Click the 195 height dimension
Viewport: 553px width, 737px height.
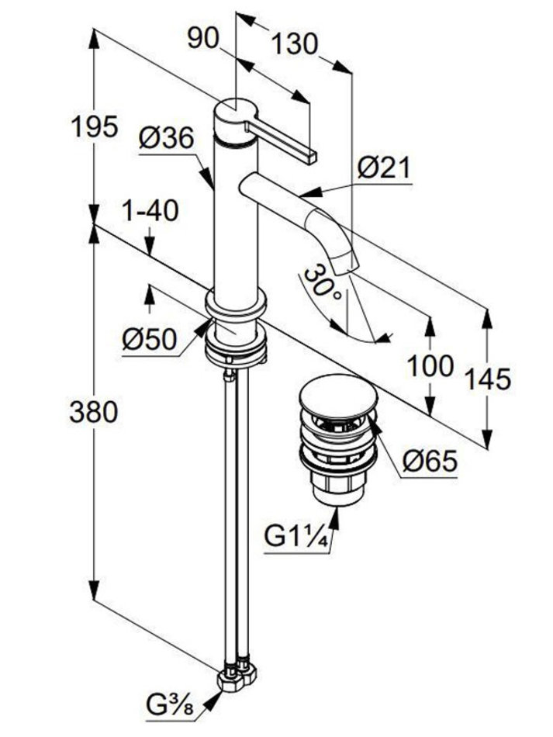pyautogui.click(x=92, y=126)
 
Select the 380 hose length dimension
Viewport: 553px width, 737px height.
pyautogui.click(x=92, y=412)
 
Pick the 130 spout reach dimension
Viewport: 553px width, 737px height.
pyautogui.click(x=294, y=44)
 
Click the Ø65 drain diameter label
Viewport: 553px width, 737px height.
pyautogui.click(x=430, y=462)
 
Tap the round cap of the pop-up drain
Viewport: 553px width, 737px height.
pyautogui.click(x=338, y=394)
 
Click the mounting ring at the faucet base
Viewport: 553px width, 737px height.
pyautogui.click(x=236, y=306)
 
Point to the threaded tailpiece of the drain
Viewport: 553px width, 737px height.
pyautogui.click(x=337, y=489)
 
